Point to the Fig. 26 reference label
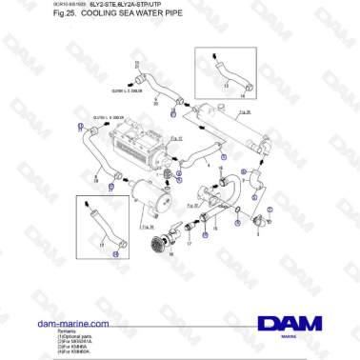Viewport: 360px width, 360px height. [x=244, y=113]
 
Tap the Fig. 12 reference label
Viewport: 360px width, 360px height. [x=176, y=140]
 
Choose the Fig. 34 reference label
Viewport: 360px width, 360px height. [x=147, y=227]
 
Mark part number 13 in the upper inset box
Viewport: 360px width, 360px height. [x=227, y=87]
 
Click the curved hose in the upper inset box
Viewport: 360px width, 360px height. [x=228, y=70]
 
